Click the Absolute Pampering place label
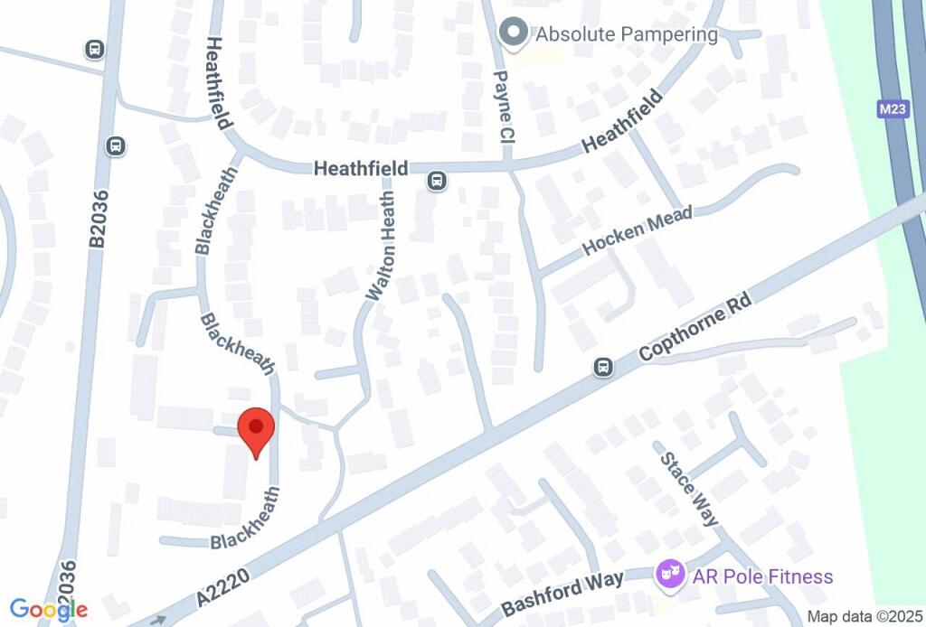pos(627,35)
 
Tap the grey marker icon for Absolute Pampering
pos(514,34)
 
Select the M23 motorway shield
pos(893,109)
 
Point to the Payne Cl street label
pos(504,108)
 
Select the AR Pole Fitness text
pos(762,576)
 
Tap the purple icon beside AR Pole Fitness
pos(669,573)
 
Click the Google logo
pos(49,610)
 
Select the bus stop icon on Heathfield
pos(437,181)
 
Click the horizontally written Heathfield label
pos(360,169)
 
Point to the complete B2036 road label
pos(98,218)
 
